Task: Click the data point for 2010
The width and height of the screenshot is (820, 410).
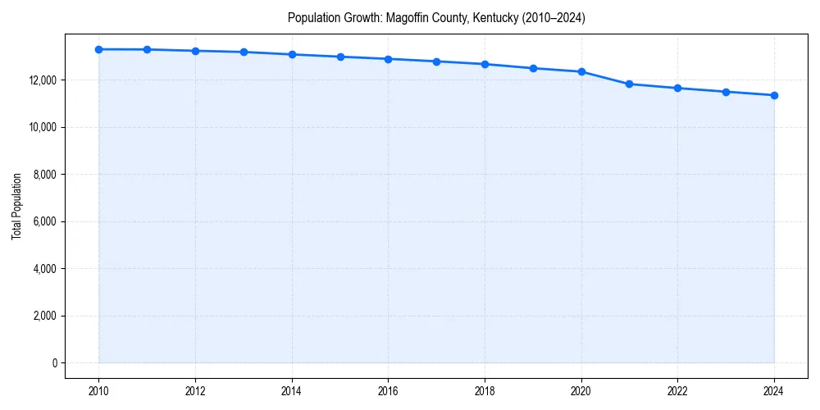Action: coord(98,49)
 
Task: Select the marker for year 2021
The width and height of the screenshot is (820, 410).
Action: coord(629,84)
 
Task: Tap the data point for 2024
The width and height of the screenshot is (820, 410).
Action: coord(774,95)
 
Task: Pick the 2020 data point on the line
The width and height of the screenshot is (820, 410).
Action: coord(581,71)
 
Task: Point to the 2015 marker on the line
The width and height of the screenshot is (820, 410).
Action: coord(340,57)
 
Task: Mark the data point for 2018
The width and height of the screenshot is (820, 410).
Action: coord(485,64)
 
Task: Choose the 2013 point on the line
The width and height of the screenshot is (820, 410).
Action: coord(244,52)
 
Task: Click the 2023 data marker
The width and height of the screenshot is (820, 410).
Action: coord(726,92)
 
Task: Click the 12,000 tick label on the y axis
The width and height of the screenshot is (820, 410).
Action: coord(42,80)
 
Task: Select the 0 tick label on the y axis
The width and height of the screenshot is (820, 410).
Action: coord(55,363)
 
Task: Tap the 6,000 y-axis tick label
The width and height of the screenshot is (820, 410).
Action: coord(44,221)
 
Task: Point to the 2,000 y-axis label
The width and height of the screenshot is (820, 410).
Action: coord(44,316)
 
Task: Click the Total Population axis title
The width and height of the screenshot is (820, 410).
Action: coord(16,206)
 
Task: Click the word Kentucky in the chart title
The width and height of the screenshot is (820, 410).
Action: coord(495,17)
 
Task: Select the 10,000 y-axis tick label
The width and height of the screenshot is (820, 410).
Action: coord(42,127)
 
